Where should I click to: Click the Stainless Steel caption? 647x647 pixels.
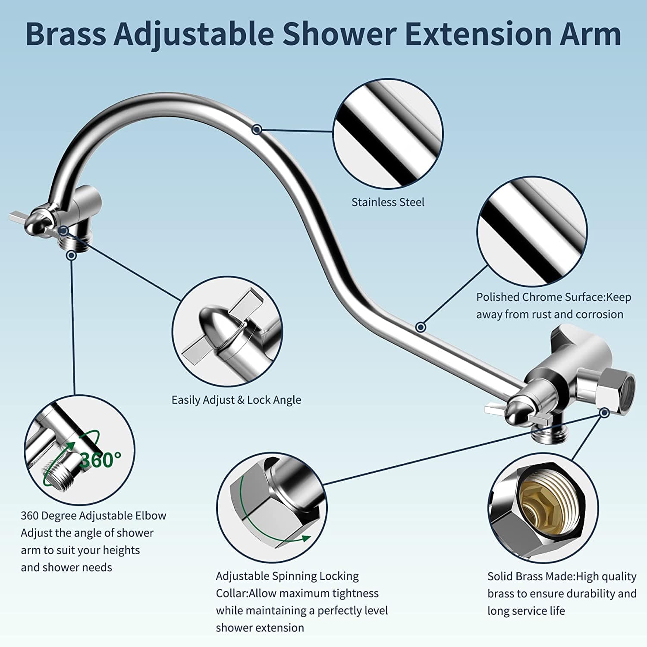pyautogui.click(x=388, y=202)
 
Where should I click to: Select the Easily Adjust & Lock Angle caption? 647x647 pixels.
pyautogui.click(x=236, y=400)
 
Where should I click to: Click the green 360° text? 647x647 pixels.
pyautogui.click(x=100, y=460)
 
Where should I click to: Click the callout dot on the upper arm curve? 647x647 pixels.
pyautogui.click(x=257, y=129)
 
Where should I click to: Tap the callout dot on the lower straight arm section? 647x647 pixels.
pyautogui.click(x=421, y=327)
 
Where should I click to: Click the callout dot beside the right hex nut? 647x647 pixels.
pyautogui.click(x=605, y=413)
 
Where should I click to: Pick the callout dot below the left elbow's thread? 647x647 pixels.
pyautogui.click(x=72, y=255)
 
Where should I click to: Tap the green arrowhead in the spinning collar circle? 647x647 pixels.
pyautogui.click(x=306, y=538)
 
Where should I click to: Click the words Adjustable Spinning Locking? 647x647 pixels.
pyautogui.click(x=287, y=576)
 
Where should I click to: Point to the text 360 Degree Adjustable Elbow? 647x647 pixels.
pyautogui.click(x=94, y=516)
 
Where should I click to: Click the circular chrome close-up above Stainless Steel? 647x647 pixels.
pyautogui.click(x=388, y=133)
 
